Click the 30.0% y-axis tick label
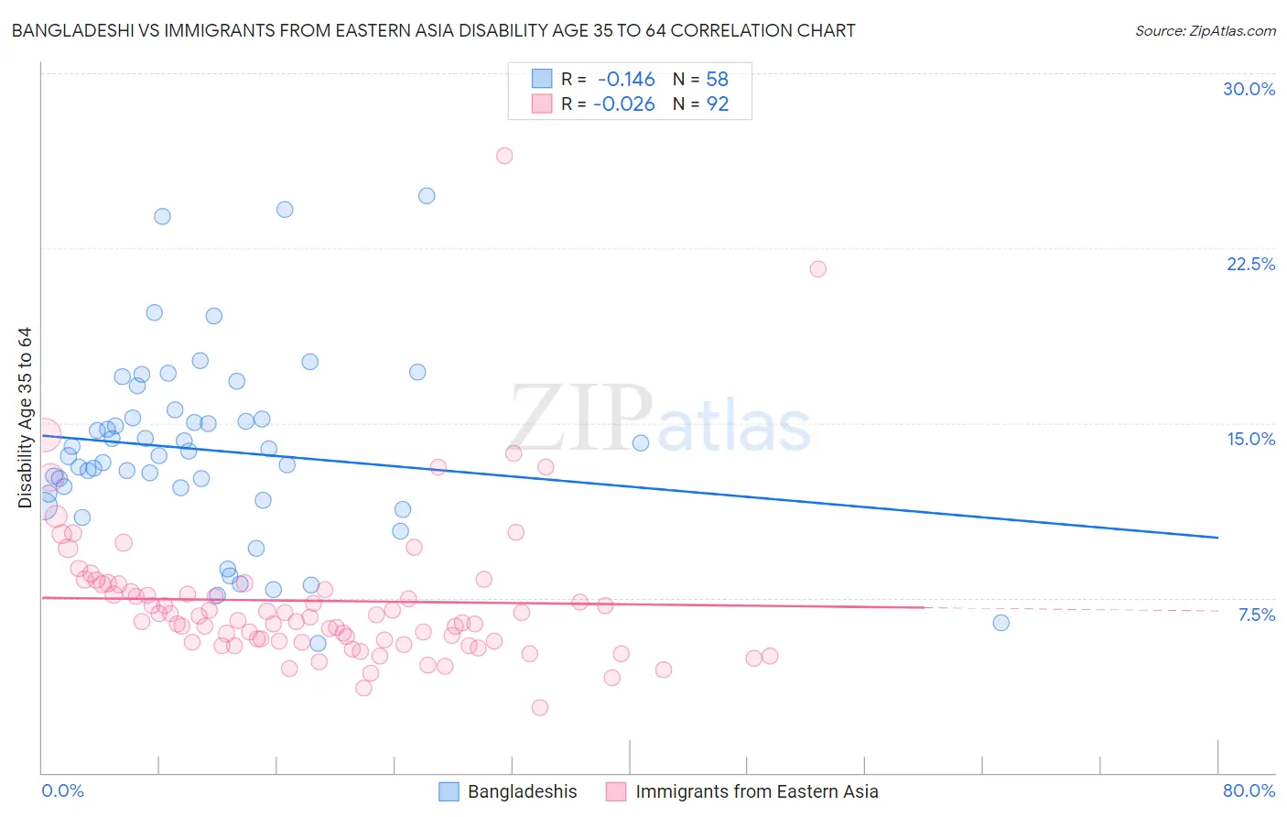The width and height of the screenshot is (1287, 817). pyautogui.click(x=1249, y=89)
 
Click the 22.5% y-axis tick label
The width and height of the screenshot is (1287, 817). pyautogui.click(x=1250, y=264)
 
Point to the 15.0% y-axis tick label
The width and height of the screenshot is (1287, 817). pyautogui.click(x=1250, y=439)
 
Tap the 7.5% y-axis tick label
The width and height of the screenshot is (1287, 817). pyautogui.click(x=1256, y=615)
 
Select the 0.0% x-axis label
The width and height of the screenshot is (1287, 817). pyautogui.click(x=62, y=790)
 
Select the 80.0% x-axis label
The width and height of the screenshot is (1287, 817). pyautogui.click(x=1249, y=790)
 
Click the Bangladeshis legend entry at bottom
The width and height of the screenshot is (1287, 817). pyautogui.click(x=522, y=791)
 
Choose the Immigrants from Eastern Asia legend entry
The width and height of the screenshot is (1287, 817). pyautogui.click(x=756, y=791)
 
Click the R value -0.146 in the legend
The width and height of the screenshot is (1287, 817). pyautogui.click(x=626, y=80)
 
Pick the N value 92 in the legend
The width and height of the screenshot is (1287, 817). pyautogui.click(x=718, y=104)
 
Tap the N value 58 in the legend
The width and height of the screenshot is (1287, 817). pyautogui.click(x=718, y=80)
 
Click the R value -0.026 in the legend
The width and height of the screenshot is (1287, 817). pyautogui.click(x=624, y=104)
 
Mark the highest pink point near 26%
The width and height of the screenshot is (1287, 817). pyautogui.click(x=504, y=156)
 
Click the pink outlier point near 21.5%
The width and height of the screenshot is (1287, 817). pyautogui.click(x=818, y=269)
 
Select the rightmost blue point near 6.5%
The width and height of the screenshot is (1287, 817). pyautogui.click(x=1001, y=623)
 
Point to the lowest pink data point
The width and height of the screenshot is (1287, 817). pyautogui.click(x=540, y=707)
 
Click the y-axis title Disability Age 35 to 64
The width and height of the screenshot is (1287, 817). pyautogui.click(x=25, y=418)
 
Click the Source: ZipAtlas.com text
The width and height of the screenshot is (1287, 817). pyautogui.click(x=1205, y=31)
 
